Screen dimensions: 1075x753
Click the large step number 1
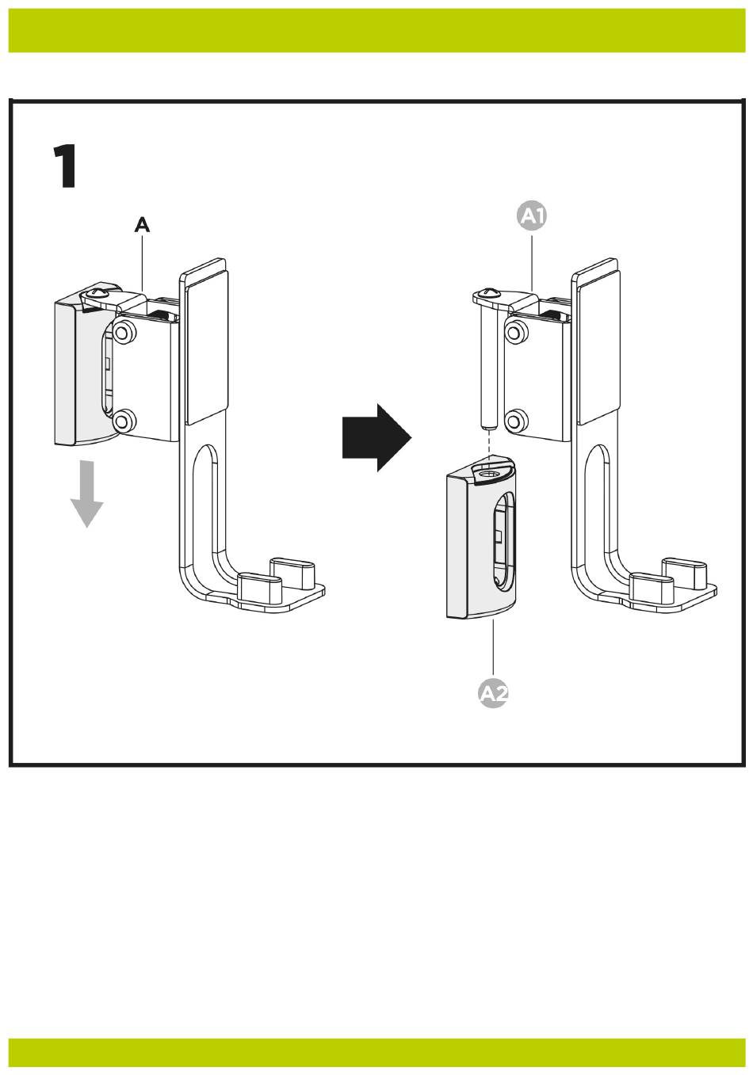point(65,167)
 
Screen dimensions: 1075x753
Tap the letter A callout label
point(141,226)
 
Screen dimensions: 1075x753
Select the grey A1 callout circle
point(532,215)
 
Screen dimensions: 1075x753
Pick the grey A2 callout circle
point(493,694)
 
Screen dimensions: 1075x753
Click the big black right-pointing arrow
point(376,437)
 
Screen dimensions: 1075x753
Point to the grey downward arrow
point(86,495)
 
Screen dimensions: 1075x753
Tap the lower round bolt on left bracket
point(122,421)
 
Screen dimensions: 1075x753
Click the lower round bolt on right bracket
point(515,421)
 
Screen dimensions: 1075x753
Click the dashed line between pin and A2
point(490,446)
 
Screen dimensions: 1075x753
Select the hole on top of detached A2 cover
point(489,473)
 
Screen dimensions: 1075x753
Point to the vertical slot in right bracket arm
point(600,499)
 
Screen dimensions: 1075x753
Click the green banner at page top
point(376,30)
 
